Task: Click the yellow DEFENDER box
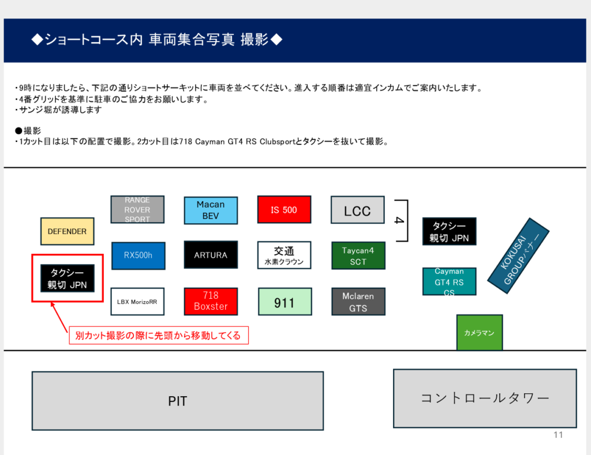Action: point(67,231)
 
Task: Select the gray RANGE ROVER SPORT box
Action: point(137,209)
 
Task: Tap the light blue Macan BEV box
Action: point(211,210)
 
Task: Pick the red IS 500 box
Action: point(284,210)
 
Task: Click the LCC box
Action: point(357,210)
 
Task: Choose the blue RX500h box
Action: point(137,255)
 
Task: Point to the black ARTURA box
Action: point(211,255)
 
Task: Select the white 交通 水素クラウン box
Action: point(284,255)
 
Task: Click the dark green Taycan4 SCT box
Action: point(358,255)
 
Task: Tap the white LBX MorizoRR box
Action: point(137,301)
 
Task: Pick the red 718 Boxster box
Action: point(211,301)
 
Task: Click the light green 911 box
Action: point(284,302)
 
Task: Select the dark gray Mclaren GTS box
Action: point(358,302)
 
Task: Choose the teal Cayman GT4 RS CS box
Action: point(449,281)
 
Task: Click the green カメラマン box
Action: point(479,333)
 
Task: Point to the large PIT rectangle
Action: point(177,401)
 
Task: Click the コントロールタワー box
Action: point(484,398)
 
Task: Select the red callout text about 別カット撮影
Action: point(158,335)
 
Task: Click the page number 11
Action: point(558,435)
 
